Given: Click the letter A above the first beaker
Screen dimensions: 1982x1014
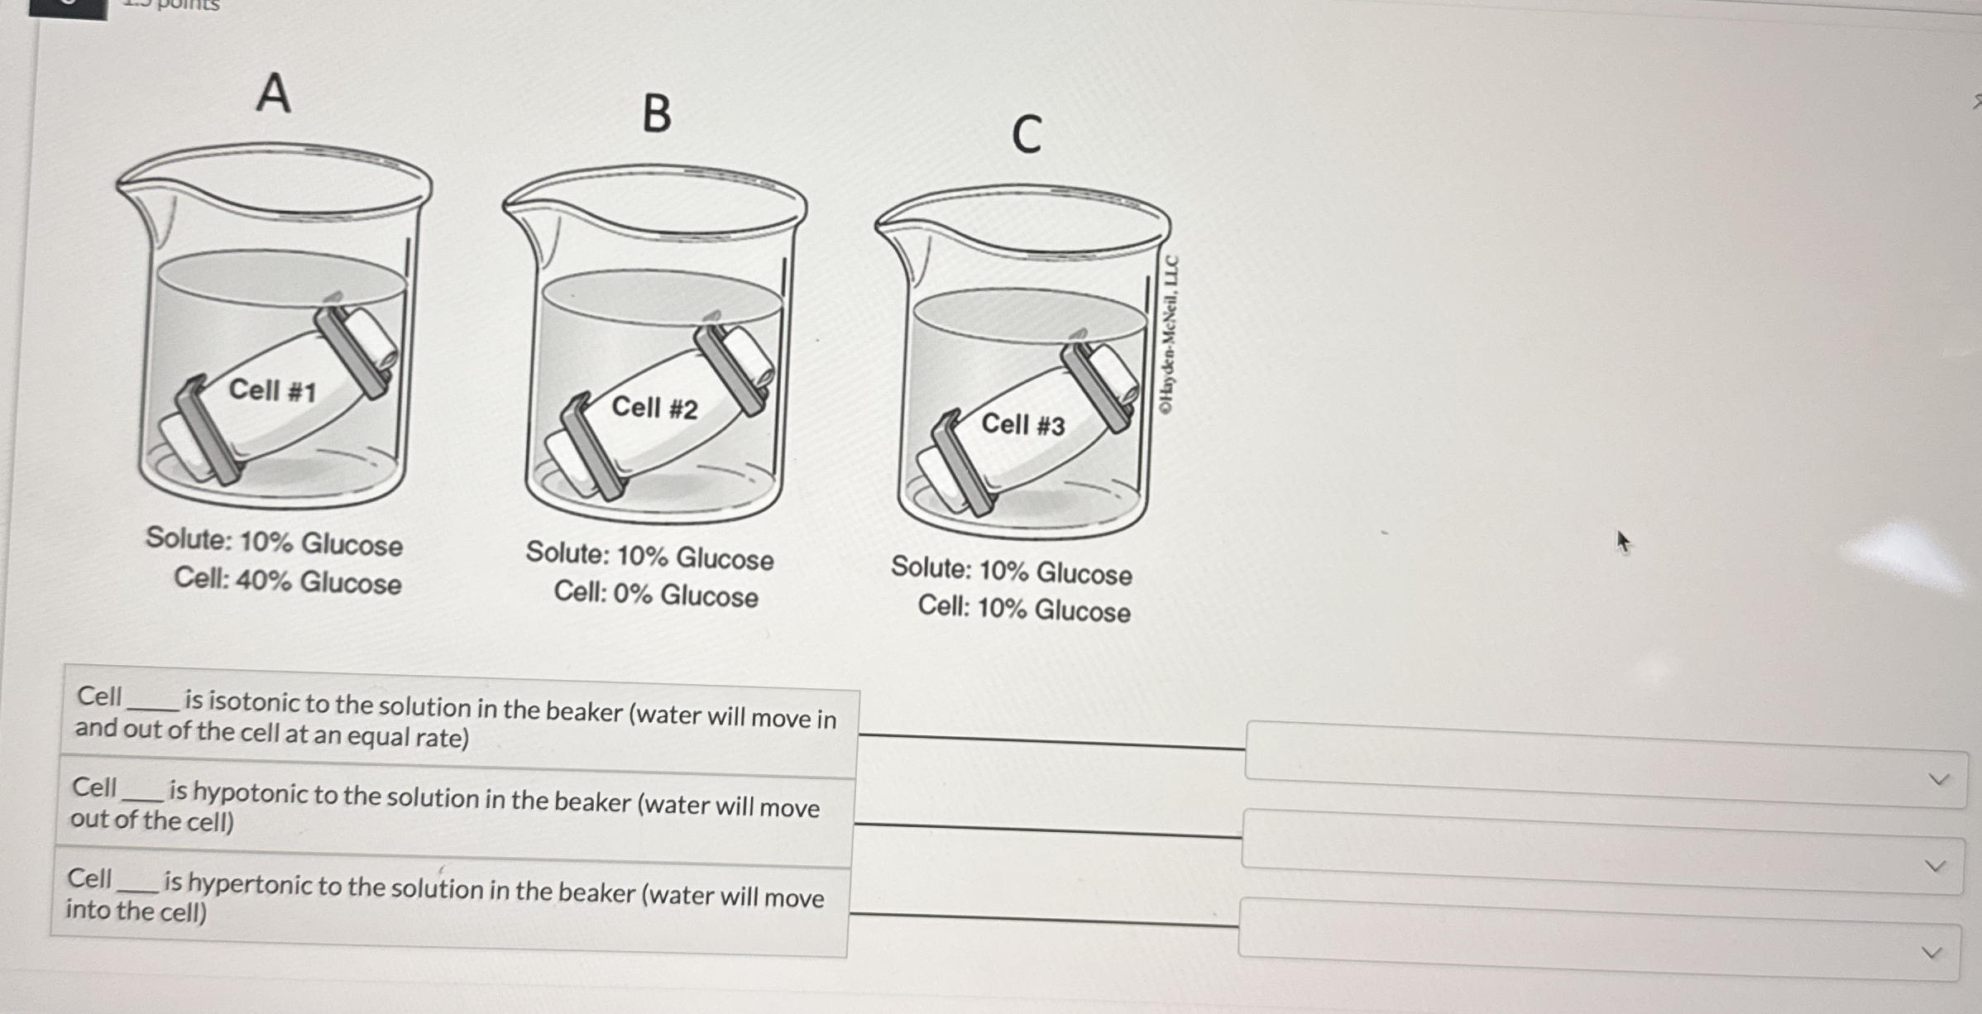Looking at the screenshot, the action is pyautogui.click(x=274, y=93).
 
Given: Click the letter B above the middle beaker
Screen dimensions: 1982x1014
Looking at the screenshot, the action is pyautogui.click(x=658, y=113).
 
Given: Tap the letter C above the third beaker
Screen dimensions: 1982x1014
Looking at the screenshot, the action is pyautogui.click(x=1027, y=134).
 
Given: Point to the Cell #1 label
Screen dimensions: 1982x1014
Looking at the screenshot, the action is pyautogui.click(x=272, y=390).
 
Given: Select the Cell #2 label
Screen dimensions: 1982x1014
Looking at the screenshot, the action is pyautogui.click(x=654, y=407).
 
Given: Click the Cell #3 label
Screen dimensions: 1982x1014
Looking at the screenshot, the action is pyautogui.click(x=1023, y=424).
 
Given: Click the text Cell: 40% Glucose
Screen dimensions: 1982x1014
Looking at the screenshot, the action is pyautogui.click(x=288, y=581).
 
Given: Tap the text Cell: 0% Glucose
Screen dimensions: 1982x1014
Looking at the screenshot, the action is pyautogui.click(x=656, y=594).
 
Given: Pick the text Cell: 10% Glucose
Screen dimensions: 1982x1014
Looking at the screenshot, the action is pyautogui.click(x=1024, y=609).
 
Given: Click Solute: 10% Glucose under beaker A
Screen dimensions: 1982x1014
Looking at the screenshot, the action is pyautogui.click(x=275, y=542).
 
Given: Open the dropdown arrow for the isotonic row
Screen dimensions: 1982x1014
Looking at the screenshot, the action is pyautogui.click(x=1938, y=779).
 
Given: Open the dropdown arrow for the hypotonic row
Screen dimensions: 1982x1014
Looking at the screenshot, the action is pyautogui.click(x=1935, y=866).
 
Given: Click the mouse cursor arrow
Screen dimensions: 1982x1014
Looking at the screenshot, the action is pyautogui.click(x=1623, y=542).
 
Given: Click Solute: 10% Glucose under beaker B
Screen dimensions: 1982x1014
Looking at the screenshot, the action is pyautogui.click(x=650, y=556).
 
